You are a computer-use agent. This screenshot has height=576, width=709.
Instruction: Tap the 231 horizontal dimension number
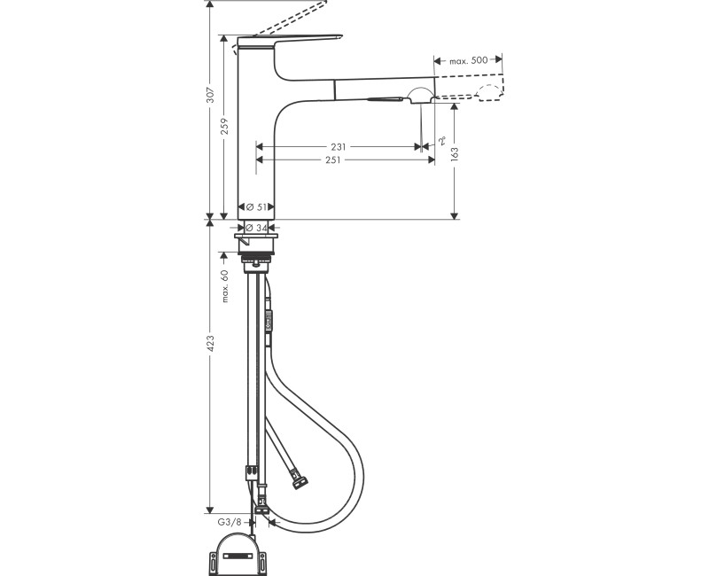click(339, 146)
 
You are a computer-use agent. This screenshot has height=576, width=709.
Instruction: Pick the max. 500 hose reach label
click(469, 60)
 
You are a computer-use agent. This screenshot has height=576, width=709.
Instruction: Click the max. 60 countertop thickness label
click(225, 285)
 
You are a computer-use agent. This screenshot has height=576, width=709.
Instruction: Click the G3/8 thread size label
click(230, 523)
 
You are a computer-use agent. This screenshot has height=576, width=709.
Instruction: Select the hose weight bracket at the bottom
click(238, 552)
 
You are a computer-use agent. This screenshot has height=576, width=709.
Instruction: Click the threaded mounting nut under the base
click(259, 262)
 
